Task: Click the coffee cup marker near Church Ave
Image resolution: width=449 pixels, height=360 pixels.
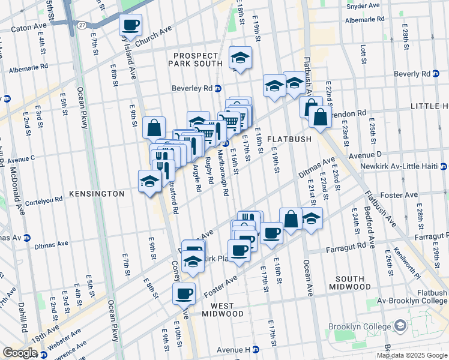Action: (x=130, y=26)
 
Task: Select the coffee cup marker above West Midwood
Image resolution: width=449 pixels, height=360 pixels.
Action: (x=184, y=293)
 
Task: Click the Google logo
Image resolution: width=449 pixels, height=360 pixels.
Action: (x=19, y=353)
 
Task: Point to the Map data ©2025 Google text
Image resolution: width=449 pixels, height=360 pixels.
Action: (x=411, y=355)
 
